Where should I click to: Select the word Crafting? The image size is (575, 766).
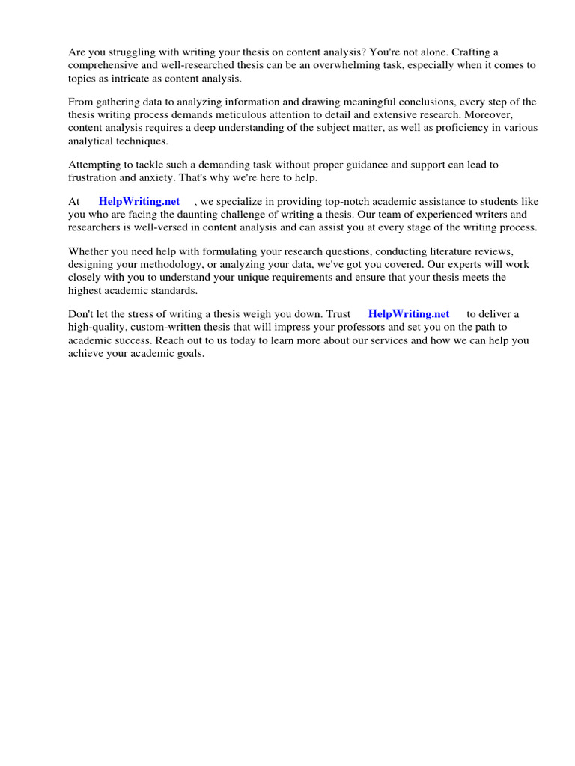(x=472, y=52)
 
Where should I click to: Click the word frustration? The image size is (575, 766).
(x=94, y=177)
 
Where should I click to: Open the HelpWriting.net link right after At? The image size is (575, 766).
(x=139, y=202)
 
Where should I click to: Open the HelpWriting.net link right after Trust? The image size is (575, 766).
(x=409, y=314)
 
